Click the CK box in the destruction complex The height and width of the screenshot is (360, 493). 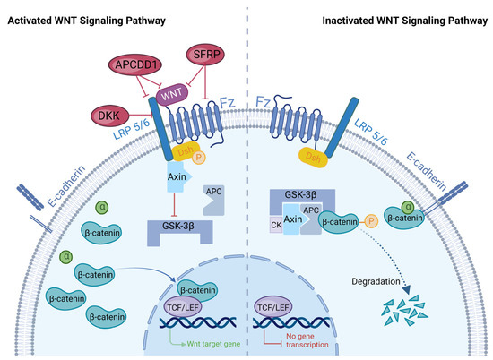coord(276,226)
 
